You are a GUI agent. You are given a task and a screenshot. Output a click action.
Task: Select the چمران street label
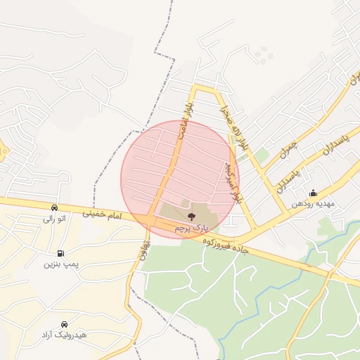(289, 149)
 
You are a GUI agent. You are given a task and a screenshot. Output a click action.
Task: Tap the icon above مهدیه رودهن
(313, 193)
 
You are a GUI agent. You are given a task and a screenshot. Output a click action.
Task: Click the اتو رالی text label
(54, 219)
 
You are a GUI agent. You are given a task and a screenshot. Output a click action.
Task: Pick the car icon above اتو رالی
(54, 208)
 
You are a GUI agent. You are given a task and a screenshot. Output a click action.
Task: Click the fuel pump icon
(60, 253)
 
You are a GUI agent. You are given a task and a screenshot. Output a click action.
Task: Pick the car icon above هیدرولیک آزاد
(64, 325)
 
